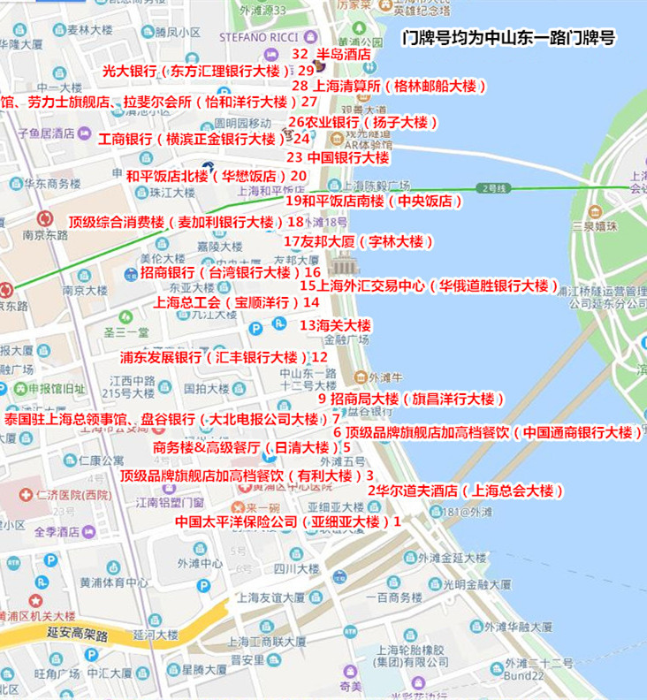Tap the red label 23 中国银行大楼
[338, 157]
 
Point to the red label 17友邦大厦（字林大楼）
[358, 241]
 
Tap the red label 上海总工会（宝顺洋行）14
[236, 301]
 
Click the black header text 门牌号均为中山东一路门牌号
[508, 38]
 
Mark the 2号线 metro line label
[489, 188]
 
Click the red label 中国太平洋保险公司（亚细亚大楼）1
[288, 521]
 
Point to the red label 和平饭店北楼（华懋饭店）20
[217, 176]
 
